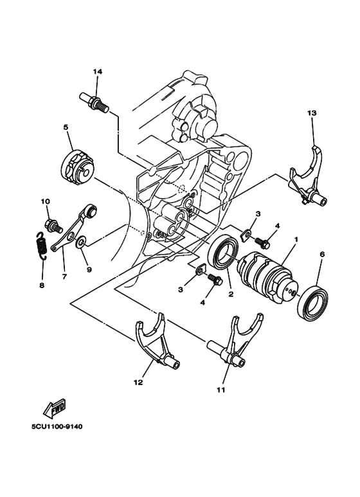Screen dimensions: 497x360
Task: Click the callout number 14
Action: click(x=97, y=71)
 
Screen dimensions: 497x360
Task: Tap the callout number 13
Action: click(x=312, y=113)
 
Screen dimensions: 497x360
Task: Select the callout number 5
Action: click(x=66, y=127)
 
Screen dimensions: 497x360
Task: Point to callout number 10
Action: click(x=46, y=201)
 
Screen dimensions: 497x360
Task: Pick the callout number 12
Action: click(x=138, y=382)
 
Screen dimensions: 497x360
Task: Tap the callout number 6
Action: click(x=321, y=253)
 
